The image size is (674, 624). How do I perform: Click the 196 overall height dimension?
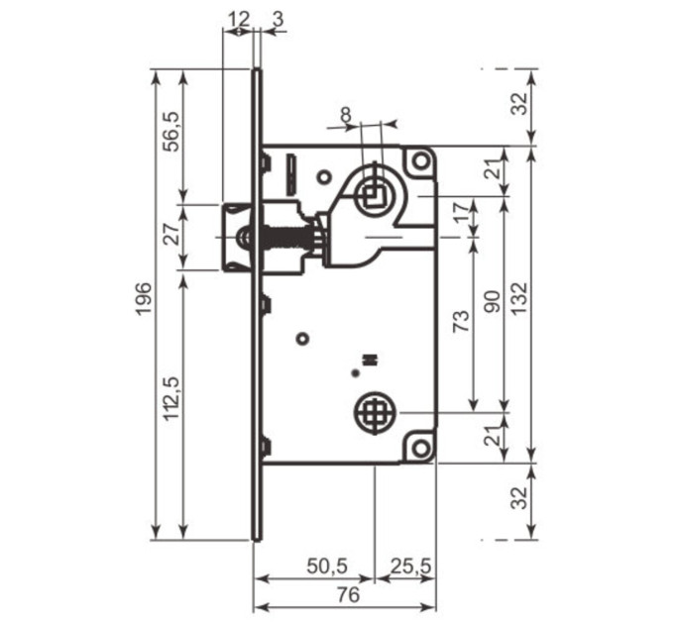point(144,298)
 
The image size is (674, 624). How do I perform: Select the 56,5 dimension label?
point(171,132)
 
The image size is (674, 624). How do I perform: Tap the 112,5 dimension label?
point(171,398)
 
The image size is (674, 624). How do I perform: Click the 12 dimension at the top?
point(238,20)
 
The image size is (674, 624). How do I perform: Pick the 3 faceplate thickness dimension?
point(279,20)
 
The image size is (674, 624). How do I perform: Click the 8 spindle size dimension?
point(346,115)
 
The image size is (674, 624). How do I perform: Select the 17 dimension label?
point(463,212)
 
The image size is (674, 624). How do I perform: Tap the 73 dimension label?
point(462,320)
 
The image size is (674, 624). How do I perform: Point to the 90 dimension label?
point(493,301)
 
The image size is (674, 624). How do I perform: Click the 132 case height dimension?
point(519,298)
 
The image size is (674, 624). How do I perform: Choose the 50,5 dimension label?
point(327,566)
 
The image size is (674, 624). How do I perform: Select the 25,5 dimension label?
point(410,567)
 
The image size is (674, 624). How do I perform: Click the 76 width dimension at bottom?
point(348,595)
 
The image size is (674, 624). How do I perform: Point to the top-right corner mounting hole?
point(421,161)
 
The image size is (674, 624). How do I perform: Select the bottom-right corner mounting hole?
point(421,449)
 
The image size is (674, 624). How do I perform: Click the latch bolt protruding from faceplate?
point(237,238)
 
